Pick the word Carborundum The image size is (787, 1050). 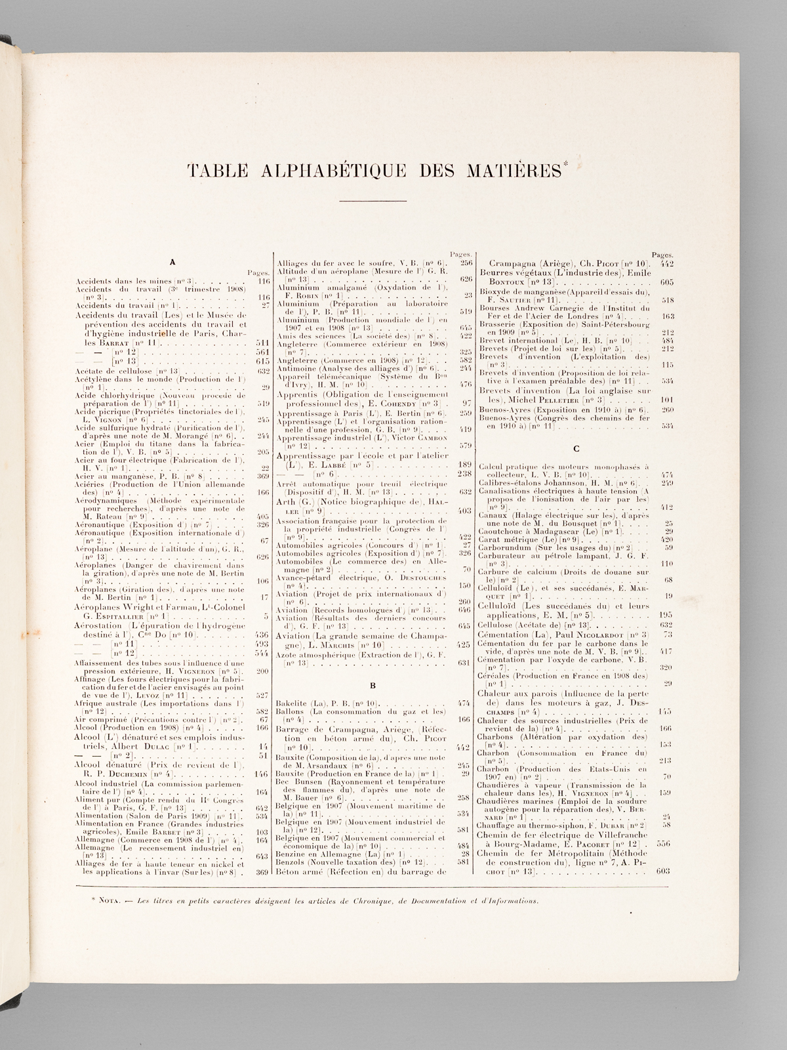(503, 547)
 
